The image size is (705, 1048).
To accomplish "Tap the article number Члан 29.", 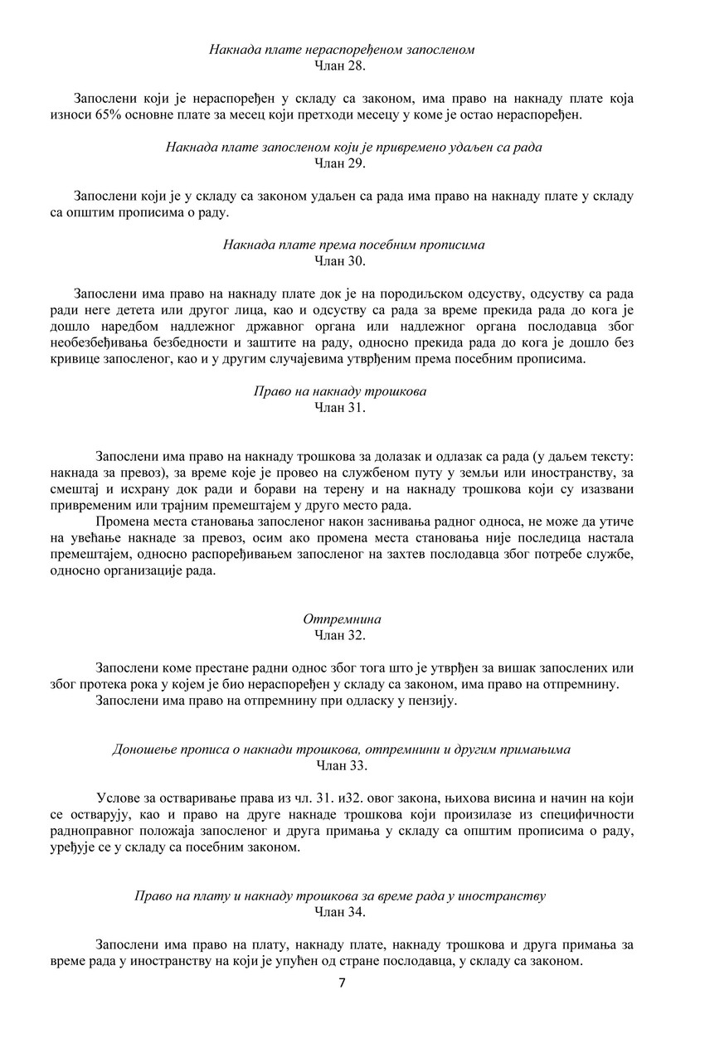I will (341, 163).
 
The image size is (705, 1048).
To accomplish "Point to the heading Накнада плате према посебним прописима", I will (354, 245).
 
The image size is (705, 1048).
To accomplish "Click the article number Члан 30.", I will (341, 260).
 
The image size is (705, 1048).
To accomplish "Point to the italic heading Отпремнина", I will (343, 620).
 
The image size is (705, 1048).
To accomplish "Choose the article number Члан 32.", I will (341, 635).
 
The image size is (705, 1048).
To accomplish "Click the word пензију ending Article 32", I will (434, 701).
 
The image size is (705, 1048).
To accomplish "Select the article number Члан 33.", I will (341, 765).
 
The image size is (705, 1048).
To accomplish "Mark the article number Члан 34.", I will (341, 912).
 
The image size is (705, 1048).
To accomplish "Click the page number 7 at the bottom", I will (342, 984).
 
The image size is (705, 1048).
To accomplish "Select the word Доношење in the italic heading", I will (139, 750).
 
